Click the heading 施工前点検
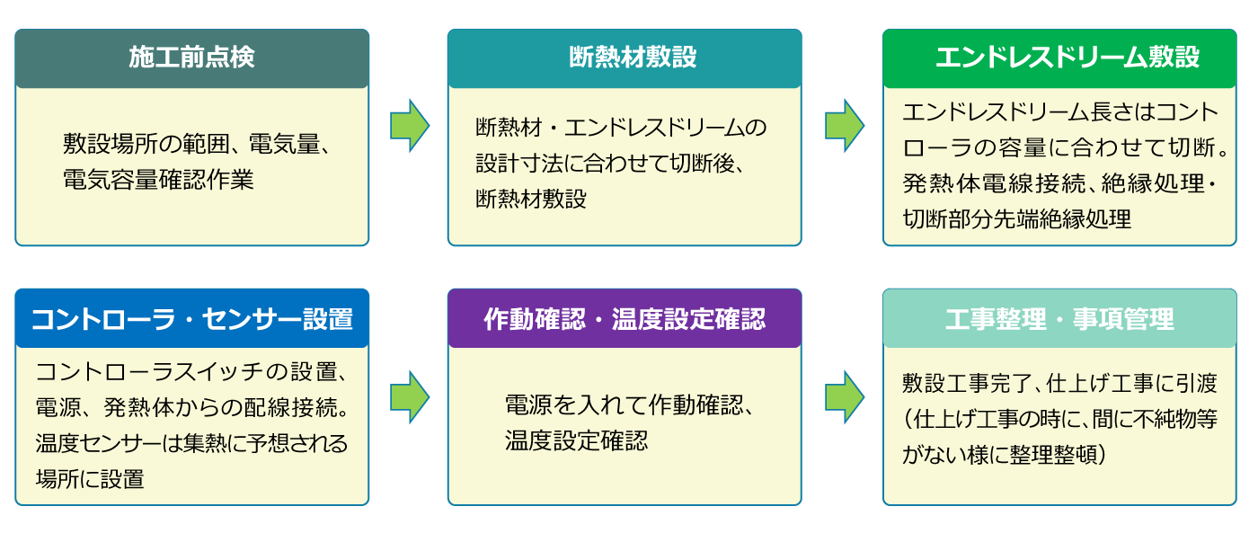click(191, 58)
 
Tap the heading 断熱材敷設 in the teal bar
click(633, 58)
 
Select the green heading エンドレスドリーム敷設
click(1068, 58)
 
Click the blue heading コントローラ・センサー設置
click(192, 319)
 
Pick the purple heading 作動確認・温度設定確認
click(625, 319)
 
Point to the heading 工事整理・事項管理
click(1059, 319)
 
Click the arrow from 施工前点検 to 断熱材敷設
click(410, 125)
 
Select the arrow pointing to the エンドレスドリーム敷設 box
click(845, 125)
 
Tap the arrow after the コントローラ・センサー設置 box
click(410, 397)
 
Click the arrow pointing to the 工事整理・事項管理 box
click(845, 397)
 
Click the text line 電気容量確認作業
click(158, 180)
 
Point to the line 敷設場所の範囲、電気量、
click(197, 145)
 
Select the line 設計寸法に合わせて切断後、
click(610, 163)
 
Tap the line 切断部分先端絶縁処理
click(1016, 218)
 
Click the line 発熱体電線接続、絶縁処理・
click(1059, 183)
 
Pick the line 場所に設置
click(90, 479)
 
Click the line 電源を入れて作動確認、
click(629, 405)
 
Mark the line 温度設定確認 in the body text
click(576, 440)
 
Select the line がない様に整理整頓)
click(1005, 454)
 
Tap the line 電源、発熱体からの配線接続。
click(192, 407)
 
